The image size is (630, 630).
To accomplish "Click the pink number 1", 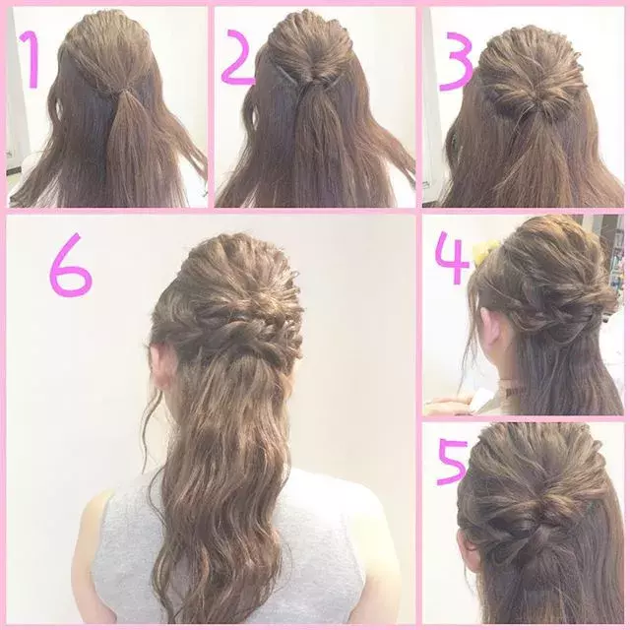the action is [x=31, y=59].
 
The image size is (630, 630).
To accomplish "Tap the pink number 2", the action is [x=238, y=57].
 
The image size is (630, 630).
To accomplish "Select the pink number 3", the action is [x=457, y=61].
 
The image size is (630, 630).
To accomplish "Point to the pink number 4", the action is [x=452, y=257].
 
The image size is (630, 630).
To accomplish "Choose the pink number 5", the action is [x=453, y=462].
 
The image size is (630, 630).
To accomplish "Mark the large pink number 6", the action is [x=71, y=265].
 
